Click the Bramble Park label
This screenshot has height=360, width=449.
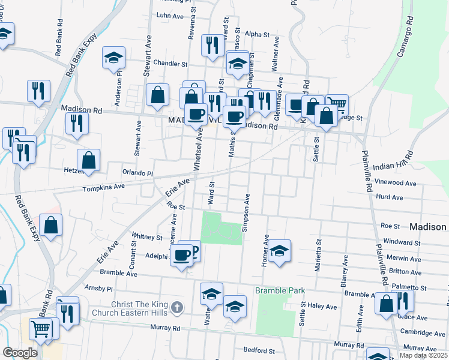pyautogui.click(x=280, y=291)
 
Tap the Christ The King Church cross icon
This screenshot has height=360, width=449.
pyautogui.click(x=176, y=307)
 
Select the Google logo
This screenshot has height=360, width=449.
pyautogui.click(x=20, y=353)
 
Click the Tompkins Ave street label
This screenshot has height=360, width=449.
pyautogui.click(x=103, y=187)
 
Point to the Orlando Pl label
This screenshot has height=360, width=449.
pyautogui.click(x=138, y=173)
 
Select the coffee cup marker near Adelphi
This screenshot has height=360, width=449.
pyautogui.click(x=181, y=256)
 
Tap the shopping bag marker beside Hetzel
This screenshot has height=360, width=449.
pyautogui.click(x=88, y=160)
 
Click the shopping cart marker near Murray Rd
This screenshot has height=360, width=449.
pyautogui.click(x=41, y=328)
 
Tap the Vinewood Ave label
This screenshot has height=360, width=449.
pyautogui.click(x=394, y=182)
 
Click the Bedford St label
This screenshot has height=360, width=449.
pyautogui.click(x=259, y=350)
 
